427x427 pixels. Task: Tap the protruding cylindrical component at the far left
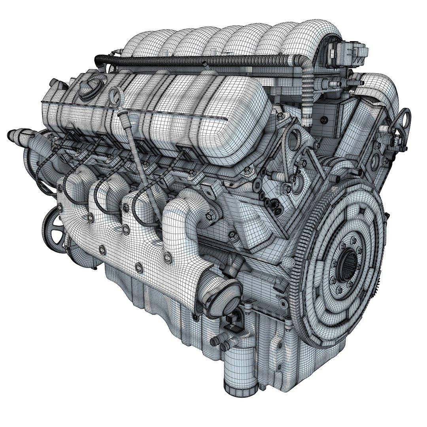18,136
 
